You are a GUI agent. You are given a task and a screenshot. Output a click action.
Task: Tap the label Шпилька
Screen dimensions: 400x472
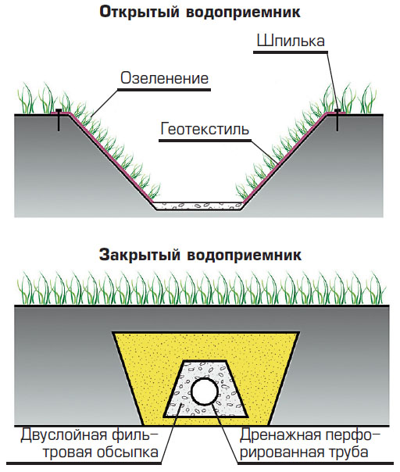click(x=291, y=41)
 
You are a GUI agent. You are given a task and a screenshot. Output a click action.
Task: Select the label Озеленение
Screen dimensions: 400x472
click(x=164, y=78)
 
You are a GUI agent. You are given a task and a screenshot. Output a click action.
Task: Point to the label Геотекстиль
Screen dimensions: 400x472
click(x=205, y=128)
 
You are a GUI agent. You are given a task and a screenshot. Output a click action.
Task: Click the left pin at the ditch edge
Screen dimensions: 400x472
click(x=59, y=120)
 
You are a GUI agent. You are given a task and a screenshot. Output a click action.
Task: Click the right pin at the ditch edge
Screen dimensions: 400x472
click(x=337, y=120)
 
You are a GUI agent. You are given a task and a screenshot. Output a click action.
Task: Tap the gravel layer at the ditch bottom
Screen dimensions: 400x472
click(x=198, y=206)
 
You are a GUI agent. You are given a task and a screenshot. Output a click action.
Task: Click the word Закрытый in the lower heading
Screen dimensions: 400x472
click(x=140, y=255)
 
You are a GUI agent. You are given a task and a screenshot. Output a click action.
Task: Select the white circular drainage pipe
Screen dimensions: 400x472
click(x=205, y=392)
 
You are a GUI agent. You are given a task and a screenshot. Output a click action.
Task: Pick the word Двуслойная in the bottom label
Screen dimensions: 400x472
click(x=63, y=435)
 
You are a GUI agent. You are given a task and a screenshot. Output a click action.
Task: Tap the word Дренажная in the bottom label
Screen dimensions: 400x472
click(x=280, y=435)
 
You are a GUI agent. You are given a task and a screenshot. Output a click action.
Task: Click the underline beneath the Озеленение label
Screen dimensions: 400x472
click(x=164, y=90)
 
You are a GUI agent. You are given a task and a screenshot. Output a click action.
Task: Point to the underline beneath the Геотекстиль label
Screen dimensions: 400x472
click(x=205, y=141)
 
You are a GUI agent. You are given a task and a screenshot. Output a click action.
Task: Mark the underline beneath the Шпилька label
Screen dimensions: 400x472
click(x=291, y=52)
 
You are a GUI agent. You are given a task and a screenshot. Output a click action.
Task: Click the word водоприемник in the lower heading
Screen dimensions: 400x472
click(x=244, y=255)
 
